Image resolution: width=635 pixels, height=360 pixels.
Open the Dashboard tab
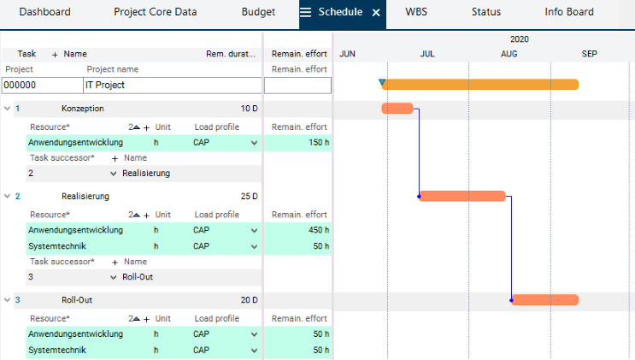point(44,13)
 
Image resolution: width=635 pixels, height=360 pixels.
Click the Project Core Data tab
point(155,13)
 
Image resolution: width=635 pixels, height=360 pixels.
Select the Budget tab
point(258,13)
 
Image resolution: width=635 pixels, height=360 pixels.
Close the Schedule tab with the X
point(375,14)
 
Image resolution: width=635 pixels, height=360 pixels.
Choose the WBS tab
point(416,13)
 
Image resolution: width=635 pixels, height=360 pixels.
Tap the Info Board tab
point(569,13)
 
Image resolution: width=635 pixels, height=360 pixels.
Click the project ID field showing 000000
point(41,86)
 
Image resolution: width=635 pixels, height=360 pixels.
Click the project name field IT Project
point(171,86)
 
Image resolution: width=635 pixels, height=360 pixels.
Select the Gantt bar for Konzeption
point(397,109)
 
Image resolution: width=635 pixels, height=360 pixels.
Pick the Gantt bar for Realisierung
point(462,196)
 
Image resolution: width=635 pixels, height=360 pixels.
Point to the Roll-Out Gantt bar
point(545,300)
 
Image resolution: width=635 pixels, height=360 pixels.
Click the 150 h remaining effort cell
point(297,143)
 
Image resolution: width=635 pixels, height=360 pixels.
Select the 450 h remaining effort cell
point(297,230)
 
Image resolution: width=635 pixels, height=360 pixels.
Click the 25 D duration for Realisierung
point(249,197)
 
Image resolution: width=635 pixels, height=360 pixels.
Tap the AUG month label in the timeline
point(509,54)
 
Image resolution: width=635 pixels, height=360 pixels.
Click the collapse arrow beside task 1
point(7,109)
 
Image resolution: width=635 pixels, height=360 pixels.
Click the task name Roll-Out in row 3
point(76,300)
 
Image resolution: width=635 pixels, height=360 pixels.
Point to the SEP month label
point(590,54)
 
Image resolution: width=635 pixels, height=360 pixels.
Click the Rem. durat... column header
point(231,54)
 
